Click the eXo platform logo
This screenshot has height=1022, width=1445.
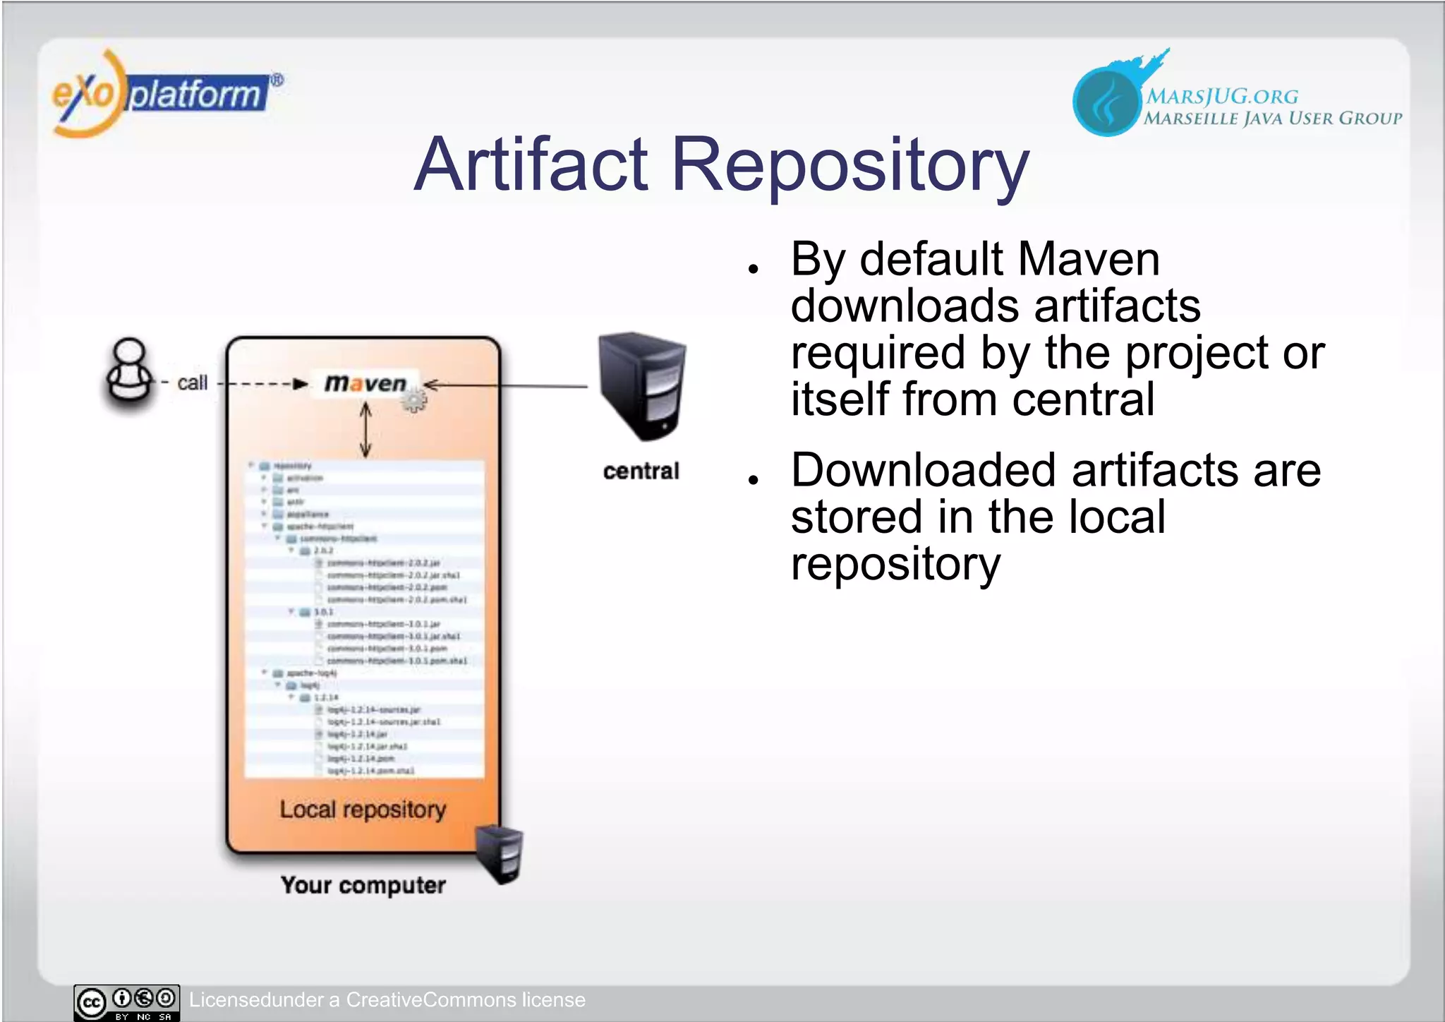(x=162, y=93)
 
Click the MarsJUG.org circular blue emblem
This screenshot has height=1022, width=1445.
(x=1106, y=102)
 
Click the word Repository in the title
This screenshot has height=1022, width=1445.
(x=850, y=165)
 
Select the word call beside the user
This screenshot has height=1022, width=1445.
(x=192, y=383)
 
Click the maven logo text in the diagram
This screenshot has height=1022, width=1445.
(x=365, y=383)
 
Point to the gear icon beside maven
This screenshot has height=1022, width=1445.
(x=414, y=401)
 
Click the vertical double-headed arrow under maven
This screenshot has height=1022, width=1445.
(x=365, y=429)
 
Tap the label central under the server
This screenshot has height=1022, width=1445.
(x=641, y=471)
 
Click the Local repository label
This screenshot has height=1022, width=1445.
(x=363, y=809)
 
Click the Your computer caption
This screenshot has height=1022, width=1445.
(x=363, y=884)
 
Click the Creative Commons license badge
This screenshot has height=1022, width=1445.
(x=126, y=1002)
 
